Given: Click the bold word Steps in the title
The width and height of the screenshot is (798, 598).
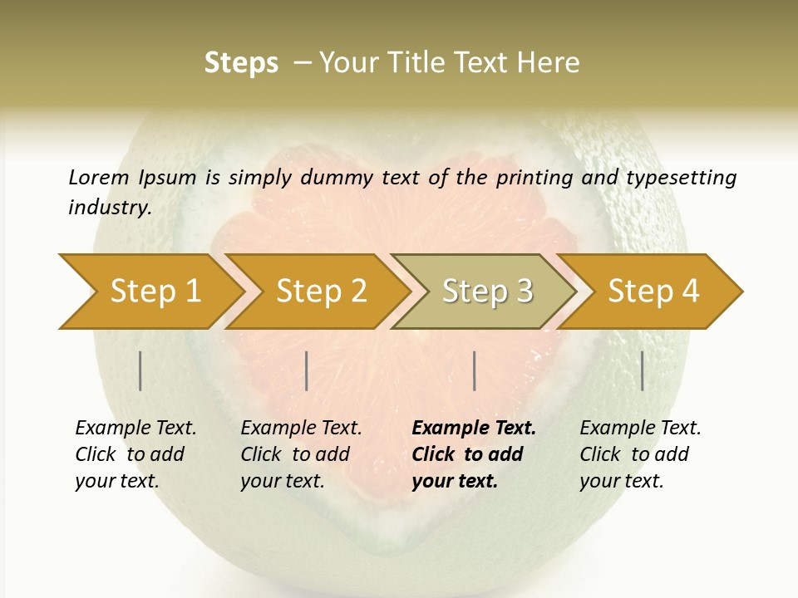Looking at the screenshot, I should (x=241, y=63).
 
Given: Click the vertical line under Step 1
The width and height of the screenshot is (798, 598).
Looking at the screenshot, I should (x=140, y=370).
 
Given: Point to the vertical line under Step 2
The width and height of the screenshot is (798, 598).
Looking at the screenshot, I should (x=307, y=370).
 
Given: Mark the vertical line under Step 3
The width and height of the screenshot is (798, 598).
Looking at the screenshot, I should (x=474, y=370).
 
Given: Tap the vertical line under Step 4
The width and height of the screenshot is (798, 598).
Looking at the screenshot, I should (x=642, y=370).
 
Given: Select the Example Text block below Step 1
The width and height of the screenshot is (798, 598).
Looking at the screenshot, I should (x=135, y=454).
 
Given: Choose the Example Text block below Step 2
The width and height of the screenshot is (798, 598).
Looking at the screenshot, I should (x=301, y=454).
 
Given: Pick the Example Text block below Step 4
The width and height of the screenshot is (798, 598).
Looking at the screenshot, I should (x=640, y=454).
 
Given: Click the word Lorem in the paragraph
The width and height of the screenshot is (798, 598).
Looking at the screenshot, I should (x=99, y=178).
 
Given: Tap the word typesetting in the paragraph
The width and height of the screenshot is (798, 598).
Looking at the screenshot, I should (x=681, y=178).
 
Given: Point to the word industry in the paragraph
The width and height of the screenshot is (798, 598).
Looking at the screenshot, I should (x=109, y=208).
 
